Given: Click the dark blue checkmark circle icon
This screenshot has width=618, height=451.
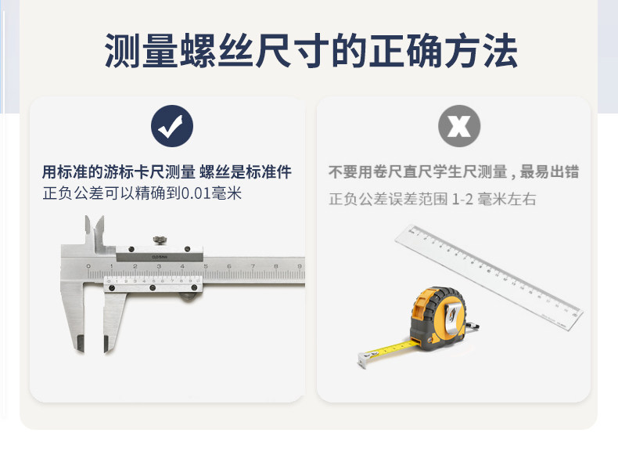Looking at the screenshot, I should pyautogui.click(x=171, y=126).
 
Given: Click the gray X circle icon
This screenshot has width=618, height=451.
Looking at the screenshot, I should pyautogui.click(x=458, y=126).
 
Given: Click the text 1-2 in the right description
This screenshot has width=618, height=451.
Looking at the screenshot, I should pyautogui.click(x=462, y=200).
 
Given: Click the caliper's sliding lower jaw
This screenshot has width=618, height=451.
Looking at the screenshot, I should pyautogui.click(x=113, y=321).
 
